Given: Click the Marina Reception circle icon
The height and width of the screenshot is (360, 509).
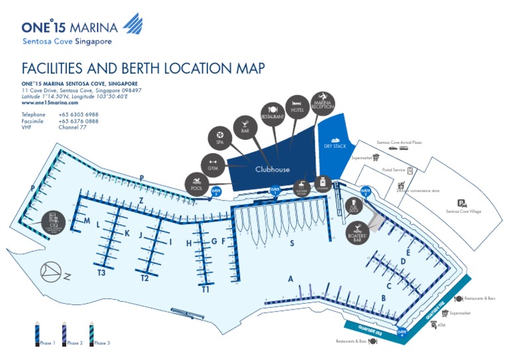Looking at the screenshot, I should pyautogui.click(x=323, y=102).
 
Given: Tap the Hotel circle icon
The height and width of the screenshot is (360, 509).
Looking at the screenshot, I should pyautogui.click(x=298, y=109).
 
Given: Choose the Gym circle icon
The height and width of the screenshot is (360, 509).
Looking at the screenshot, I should pyautogui.click(x=213, y=164).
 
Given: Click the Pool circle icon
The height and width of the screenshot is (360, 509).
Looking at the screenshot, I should pyautogui.click(x=196, y=184).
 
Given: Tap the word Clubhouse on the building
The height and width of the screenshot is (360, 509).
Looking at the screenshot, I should pyautogui.click(x=272, y=170).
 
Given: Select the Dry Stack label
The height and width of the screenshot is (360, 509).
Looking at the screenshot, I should pyautogui.click(x=335, y=145).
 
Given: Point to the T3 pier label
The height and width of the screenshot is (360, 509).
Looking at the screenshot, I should pyautogui.click(x=101, y=272).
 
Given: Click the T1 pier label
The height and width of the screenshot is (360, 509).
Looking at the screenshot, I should pyautogui.click(x=206, y=290).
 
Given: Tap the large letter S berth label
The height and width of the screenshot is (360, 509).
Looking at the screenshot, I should pyautogui.click(x=291, y=243).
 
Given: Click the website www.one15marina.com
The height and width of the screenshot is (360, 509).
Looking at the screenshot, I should pyautogui.click(x=50, y=103).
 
